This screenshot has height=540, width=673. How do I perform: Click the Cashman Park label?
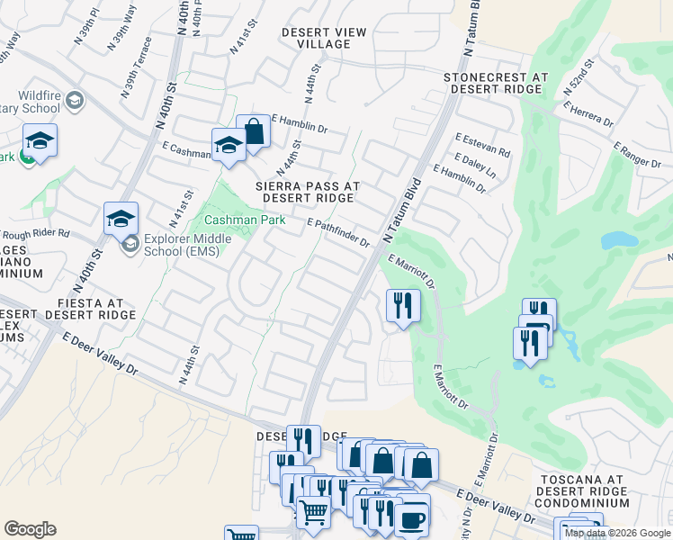pos(245,220)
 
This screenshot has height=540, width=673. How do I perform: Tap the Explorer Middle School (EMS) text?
pos(186,245)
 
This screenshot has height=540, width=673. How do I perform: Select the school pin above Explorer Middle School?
pos(121,219)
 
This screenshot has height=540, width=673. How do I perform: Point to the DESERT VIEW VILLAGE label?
pos(324,39)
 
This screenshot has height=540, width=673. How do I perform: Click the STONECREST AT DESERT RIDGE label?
pos(495,85)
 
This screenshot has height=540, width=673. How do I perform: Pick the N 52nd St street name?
pos(579,78)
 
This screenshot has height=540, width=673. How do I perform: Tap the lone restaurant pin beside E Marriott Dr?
pos(403,305)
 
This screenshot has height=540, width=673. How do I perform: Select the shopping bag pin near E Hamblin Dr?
pos(254,131)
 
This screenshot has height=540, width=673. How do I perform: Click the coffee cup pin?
pos(413,519)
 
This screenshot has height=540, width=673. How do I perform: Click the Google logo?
pos(30,529)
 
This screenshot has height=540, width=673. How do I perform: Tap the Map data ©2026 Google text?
pos(617,533)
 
